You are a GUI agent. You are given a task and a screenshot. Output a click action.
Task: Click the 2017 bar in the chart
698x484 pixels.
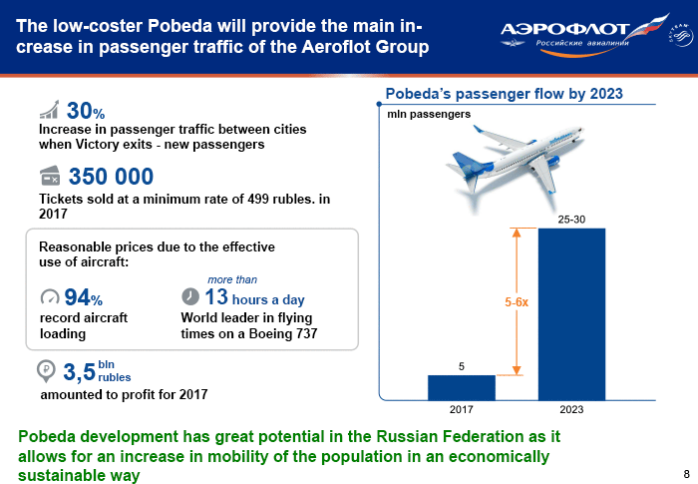tap(461, 388)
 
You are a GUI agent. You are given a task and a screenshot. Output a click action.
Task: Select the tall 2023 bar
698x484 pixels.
tap(571, 314)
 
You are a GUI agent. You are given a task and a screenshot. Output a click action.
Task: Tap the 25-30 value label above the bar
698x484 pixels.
tap(571, 220)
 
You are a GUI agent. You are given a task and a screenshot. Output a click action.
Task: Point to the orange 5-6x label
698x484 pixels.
tap(517, 302)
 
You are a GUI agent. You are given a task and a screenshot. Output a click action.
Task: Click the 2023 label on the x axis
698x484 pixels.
tap(571, 409)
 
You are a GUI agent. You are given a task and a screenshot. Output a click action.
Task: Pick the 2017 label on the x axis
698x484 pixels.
tap(461, 409)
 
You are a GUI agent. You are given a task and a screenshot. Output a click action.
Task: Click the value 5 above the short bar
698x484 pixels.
tap(461, 366)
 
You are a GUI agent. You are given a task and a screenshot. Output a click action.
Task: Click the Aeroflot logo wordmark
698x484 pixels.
tap(564, 29)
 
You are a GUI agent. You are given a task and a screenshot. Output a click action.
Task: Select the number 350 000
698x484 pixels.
tap(111, 176)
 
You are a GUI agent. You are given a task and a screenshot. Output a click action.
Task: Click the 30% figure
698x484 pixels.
tap(86, 111)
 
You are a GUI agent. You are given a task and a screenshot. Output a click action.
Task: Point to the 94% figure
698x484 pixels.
tap(83, 297)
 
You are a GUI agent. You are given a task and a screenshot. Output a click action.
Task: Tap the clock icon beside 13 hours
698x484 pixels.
tap(190, 296)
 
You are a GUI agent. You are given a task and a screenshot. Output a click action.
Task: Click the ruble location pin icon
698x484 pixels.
tap(46, 371)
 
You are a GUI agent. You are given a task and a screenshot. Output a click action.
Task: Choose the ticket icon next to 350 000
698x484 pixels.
tap(50, 176)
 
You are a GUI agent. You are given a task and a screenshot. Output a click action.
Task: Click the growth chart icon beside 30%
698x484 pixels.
tap(49, 110)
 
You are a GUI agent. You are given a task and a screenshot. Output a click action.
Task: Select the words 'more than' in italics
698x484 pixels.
tap(232, 279)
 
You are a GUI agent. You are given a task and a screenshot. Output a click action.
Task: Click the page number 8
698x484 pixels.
tap(686, 473)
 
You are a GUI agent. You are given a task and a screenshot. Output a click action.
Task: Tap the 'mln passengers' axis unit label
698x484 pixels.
tap(429, 114)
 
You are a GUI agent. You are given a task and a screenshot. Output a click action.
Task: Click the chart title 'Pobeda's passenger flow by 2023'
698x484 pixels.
tap(504, 94)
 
